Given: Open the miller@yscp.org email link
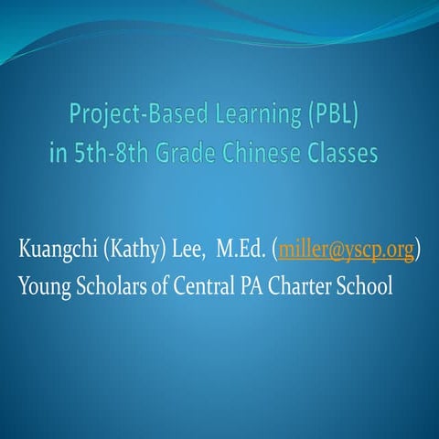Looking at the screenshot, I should click(x=346, y=251).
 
